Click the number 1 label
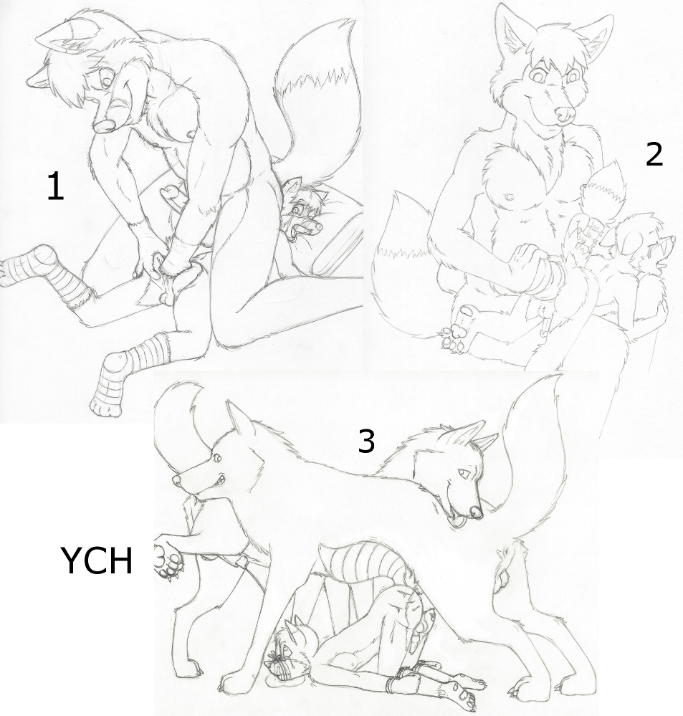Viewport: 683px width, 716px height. (x=55, y=188)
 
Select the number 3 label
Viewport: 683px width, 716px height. (x=366, y=441)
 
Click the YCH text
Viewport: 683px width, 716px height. (x=96, y=560)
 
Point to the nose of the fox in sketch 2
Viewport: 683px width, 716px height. (x=563, y=113)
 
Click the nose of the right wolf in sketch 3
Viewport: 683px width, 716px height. (x=477, y=512)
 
